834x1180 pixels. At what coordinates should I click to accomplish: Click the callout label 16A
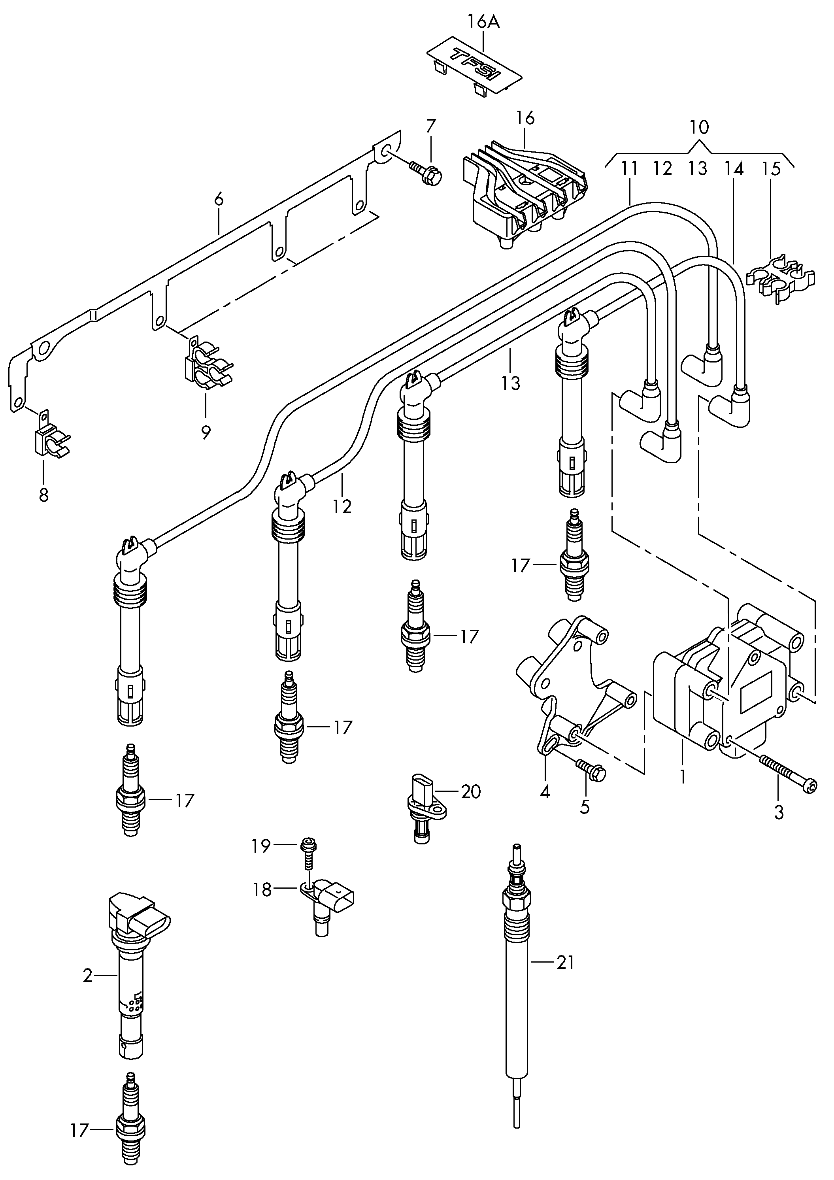tap(483, 22)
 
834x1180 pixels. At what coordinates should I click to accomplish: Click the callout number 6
tap(219, 199)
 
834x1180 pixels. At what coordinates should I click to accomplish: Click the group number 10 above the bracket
tap(699, 127)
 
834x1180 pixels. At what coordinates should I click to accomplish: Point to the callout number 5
tap(585, 807)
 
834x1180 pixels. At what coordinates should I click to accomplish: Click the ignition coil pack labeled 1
tap(725, 689)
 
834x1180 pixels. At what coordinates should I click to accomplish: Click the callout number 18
tap(262, 889)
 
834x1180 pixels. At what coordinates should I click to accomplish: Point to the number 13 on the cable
tap(511, 383)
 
